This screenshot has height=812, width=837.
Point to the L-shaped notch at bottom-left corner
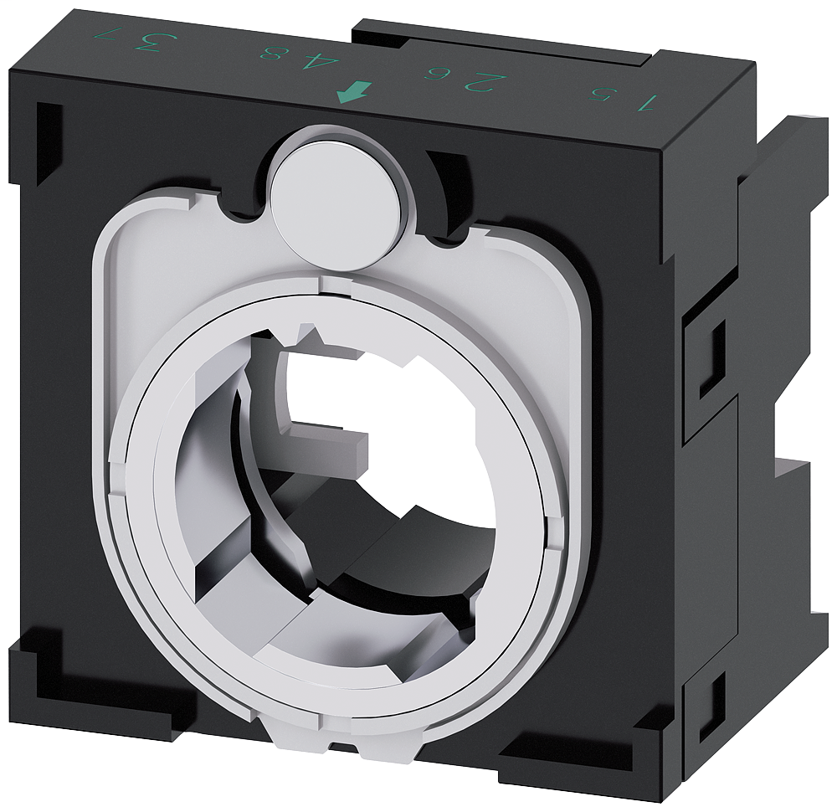click(50, 670)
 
